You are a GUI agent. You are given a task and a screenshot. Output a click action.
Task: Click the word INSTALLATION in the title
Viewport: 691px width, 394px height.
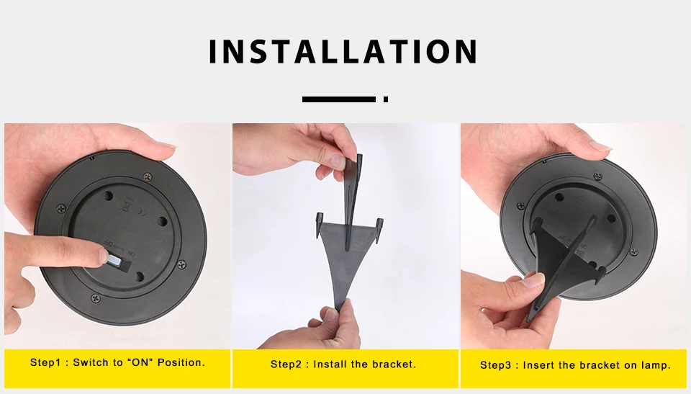coord(343,52)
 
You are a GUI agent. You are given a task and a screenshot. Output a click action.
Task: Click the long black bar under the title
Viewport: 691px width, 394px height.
coord(338,99)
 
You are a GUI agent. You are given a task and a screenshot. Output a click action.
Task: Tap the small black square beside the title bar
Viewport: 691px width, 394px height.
coord(386,99)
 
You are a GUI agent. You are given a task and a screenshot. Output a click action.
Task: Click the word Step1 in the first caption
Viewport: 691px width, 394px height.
coord(45,362)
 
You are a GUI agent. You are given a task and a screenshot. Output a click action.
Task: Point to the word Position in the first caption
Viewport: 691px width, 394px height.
coord(181,362)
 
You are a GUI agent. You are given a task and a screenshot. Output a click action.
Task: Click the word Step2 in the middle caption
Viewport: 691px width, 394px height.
coord(286,364)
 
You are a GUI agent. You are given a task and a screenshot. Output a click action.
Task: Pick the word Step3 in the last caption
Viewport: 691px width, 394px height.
coord(495,365)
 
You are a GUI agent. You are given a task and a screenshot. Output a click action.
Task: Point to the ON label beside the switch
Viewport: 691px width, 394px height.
coord(131,254)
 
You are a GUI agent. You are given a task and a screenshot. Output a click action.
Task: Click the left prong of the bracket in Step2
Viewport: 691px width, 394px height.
coord(320,225)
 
